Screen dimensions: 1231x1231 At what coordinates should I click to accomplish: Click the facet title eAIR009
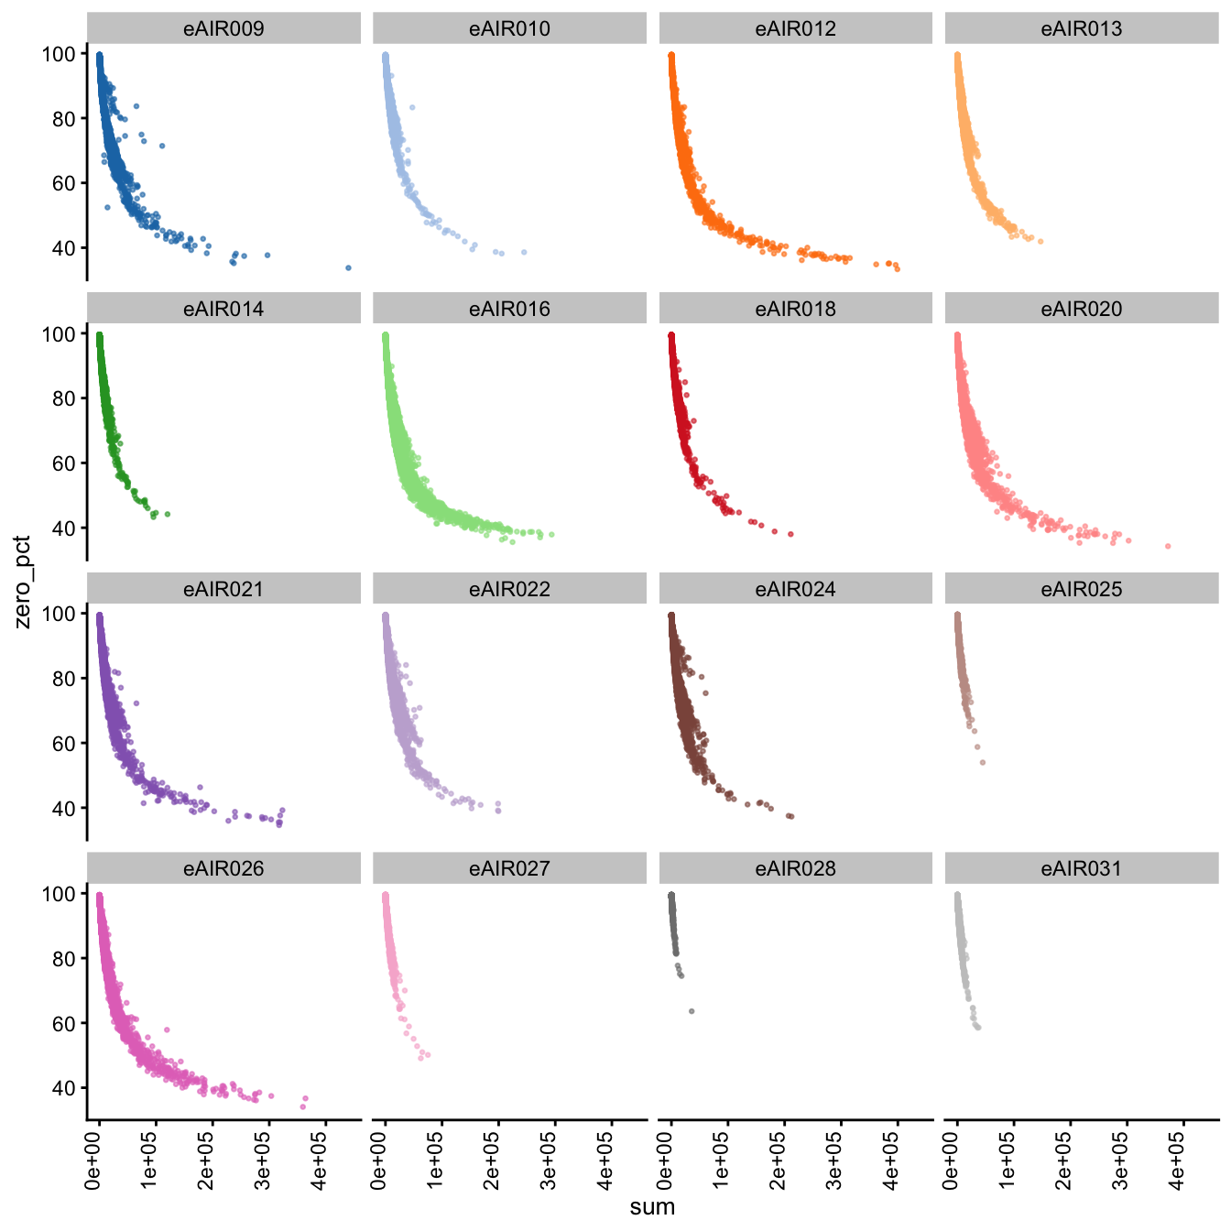[x=223, y=28]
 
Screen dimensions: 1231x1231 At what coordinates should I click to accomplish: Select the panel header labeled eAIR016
[x=509, y=309]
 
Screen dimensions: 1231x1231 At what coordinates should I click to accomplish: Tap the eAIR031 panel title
[x=1081, y=868]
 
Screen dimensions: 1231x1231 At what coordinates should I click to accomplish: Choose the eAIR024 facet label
[x=795, y=589]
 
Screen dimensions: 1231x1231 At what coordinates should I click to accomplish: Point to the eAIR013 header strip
[x=1081, y=28]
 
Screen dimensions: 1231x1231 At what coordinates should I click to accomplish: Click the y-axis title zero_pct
[x=22, y=582]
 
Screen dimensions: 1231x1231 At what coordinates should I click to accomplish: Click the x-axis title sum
[x=652, y=1207]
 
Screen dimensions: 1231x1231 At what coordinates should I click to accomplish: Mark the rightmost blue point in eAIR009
[x=348, y=267]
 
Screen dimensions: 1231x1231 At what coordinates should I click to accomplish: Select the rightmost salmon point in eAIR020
[x=1168, y=546]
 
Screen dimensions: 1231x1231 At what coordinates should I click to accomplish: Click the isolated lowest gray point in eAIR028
[x=692, y=1011]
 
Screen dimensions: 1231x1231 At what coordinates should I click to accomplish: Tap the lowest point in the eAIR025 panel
[x=983, y=762]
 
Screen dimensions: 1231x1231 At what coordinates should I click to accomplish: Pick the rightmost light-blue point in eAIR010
[x=524, y=252]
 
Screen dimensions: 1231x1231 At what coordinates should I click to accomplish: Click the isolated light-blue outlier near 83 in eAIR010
[x=412, y=108]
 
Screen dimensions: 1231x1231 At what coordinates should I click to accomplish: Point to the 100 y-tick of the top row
[x=58, y=54]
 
